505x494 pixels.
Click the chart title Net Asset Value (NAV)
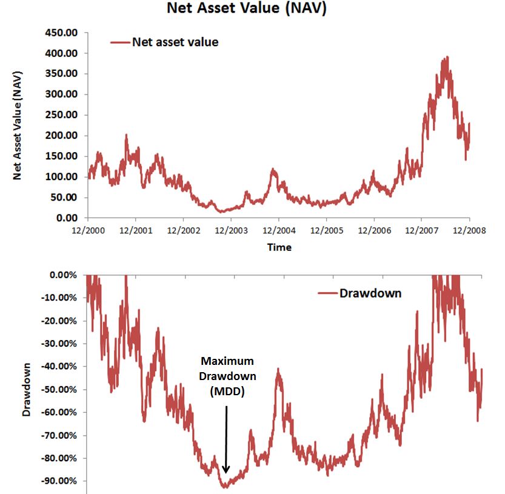coord(247,10)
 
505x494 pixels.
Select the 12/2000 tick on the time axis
coord(88,231)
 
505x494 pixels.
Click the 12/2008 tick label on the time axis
coord(470,231)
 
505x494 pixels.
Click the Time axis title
coord(279,247)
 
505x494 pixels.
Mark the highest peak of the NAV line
coord(447,57)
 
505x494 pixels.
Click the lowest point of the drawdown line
coord(225,487)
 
